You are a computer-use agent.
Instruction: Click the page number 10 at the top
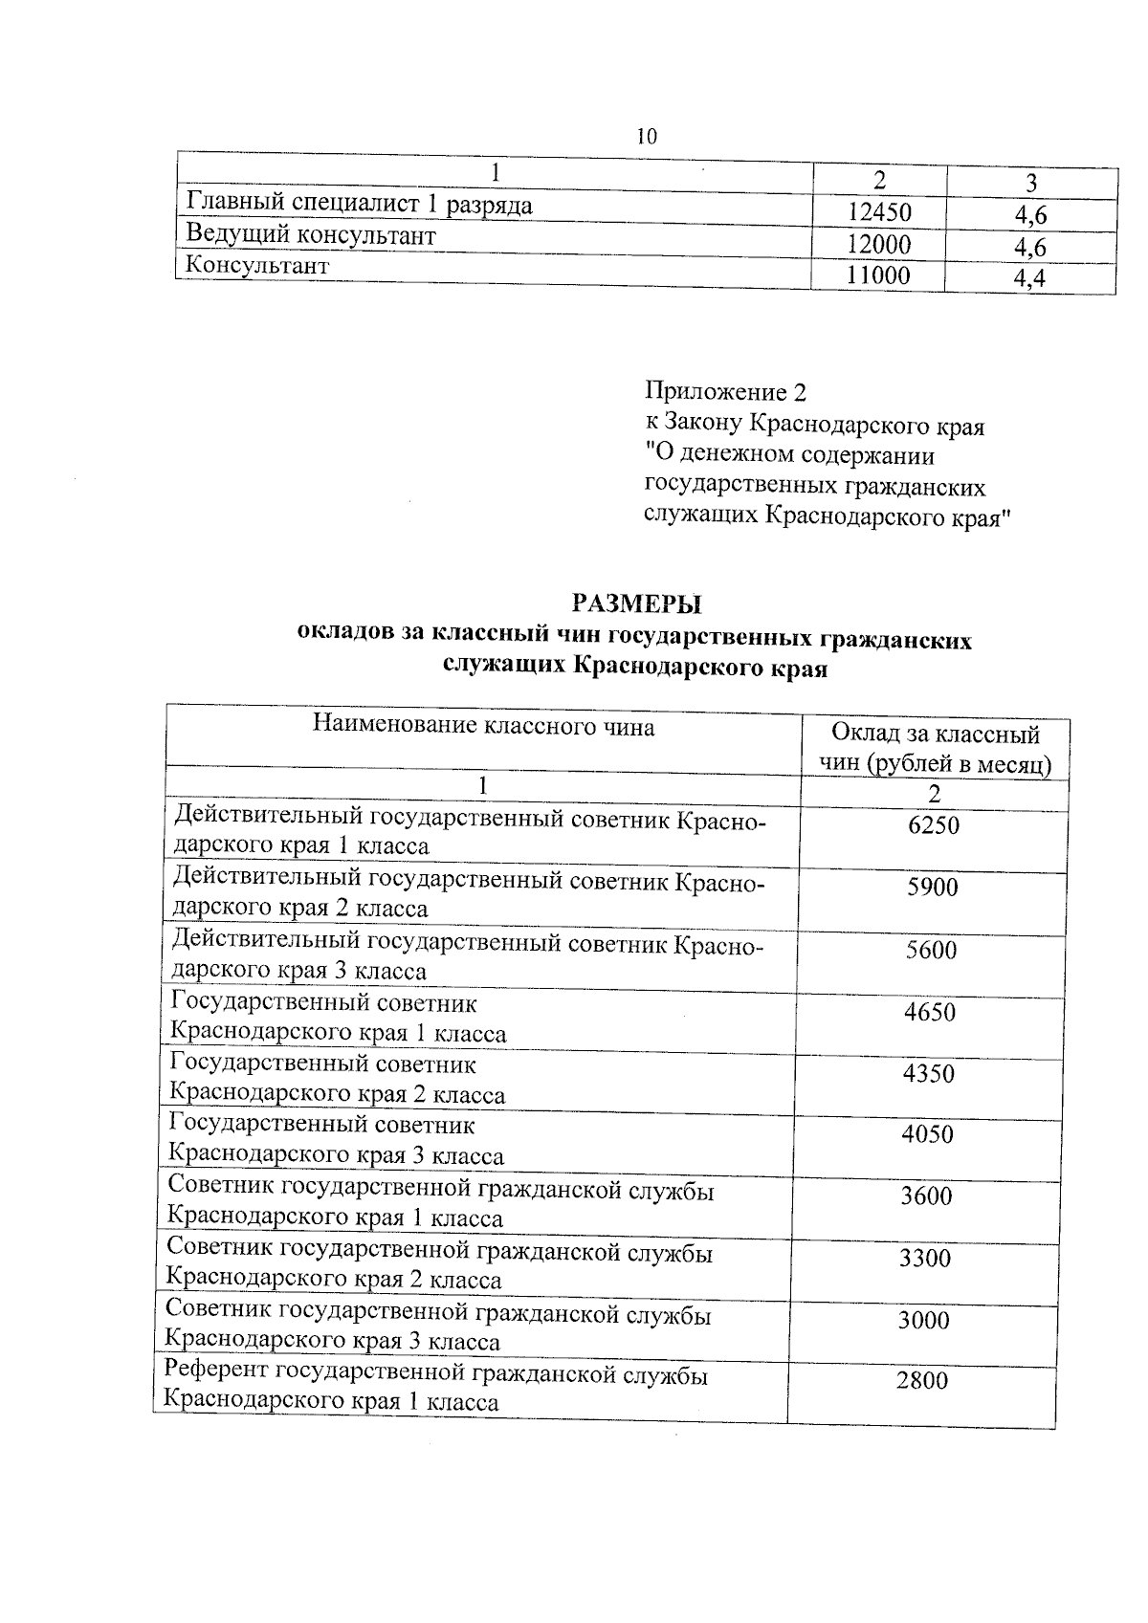point(647,136)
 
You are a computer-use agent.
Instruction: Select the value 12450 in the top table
point(879,212)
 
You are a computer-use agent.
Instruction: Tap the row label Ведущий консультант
point(311,234)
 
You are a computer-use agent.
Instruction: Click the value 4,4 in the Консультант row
point(1029,279)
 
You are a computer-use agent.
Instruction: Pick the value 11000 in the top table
point(879,276)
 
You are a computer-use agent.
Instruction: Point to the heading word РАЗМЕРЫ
point(636,603)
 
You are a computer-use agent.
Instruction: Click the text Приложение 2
point(726,392)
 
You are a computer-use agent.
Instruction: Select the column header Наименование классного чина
point(483,727)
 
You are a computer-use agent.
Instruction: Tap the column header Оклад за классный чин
point(936,749)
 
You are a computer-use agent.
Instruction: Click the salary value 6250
point(934,824)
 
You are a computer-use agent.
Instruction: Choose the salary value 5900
point(932,888)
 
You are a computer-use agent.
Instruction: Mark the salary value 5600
point(931,950)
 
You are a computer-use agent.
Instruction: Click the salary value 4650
point(930,1012)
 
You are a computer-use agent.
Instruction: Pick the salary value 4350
point(929,1073)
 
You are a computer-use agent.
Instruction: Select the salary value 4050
point(928,1135)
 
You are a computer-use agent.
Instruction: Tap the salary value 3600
point(926,1196)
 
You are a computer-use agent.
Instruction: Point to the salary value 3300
point(925,1259)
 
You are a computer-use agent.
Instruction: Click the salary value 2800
point(922,1381)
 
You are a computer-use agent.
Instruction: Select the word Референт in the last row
point(216,1375)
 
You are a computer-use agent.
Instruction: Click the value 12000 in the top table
point(879,245)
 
